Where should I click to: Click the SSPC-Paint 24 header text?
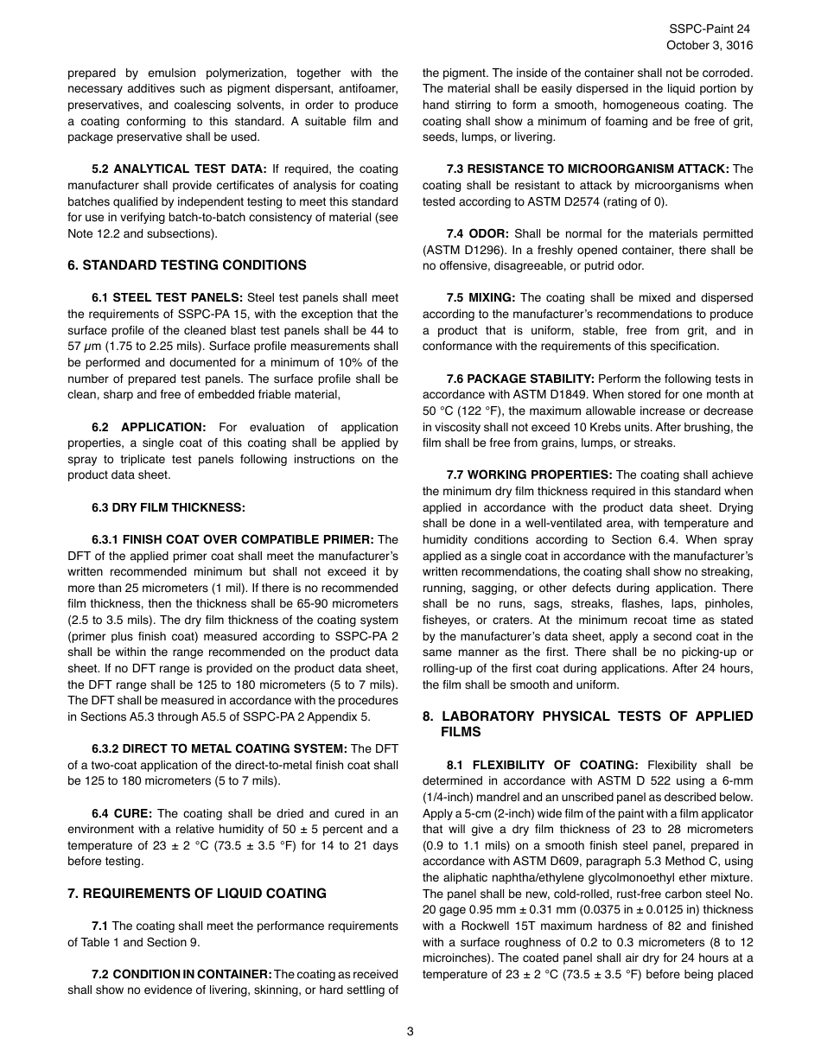pyautogui.click(x=715, y=29)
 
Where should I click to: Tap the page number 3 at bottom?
pyautogui.click(x=410, y=1030)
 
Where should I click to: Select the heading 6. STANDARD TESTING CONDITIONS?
pyautogui.click(x=187, y=265)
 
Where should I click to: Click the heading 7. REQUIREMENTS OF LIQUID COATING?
pyautogui.click(x=197, y=894)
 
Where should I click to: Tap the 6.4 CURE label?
pyautogui.click(x=122, y=813)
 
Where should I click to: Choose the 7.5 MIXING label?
pyautogui.click(x=481, y=298)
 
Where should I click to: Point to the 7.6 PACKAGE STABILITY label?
pyautogui.click(x=520, y=379)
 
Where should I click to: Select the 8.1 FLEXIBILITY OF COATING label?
pyautogui.click(x=542, y=765)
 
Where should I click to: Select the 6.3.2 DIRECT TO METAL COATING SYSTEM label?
pyautogui.click(x=219, y=748)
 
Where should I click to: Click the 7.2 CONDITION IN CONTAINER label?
pyautogui.click(x=181, y=974)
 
